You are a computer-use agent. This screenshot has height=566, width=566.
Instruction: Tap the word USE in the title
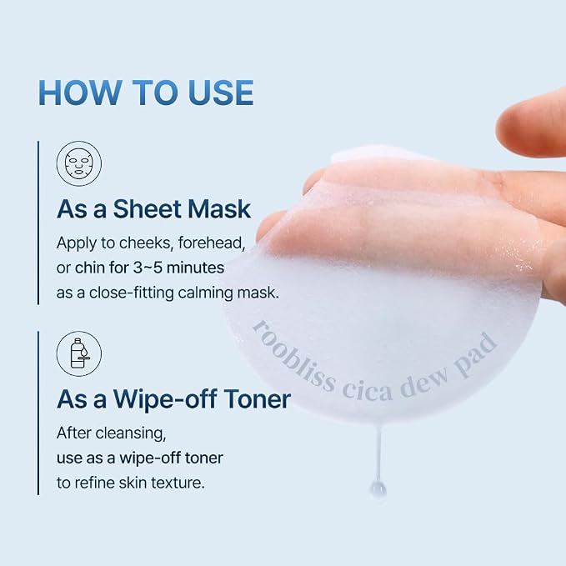point(221,93)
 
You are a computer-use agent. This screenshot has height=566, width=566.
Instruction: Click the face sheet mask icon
point(79,163)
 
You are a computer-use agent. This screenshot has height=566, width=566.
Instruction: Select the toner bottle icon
point(79,353)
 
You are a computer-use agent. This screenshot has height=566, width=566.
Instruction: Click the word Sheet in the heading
point(148,209)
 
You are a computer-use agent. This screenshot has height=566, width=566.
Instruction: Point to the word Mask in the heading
point(219,209)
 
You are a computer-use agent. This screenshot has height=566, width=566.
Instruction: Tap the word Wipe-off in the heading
point(165,399)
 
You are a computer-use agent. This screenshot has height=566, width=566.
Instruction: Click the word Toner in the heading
point(257,399)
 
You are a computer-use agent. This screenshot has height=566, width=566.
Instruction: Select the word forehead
point(212,243)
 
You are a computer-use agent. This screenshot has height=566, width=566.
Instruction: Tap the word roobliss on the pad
point(293,358)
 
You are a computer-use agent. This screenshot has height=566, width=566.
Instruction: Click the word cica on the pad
point(368,391)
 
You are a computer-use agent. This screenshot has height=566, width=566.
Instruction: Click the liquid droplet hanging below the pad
point(378,490)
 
